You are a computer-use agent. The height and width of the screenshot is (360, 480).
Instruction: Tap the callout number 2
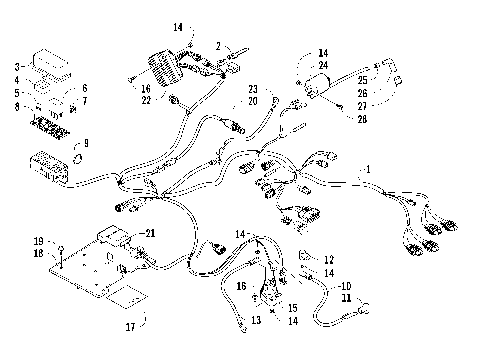(x=218, y=46)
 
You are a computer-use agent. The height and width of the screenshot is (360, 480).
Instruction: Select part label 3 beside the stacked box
(x=17, y=65)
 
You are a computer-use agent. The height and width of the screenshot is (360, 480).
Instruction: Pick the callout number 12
(x=328, y=259)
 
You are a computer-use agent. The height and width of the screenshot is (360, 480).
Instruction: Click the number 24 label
(x=322, y=65)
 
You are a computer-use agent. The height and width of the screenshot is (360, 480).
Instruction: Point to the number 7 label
(x=84, y=101)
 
